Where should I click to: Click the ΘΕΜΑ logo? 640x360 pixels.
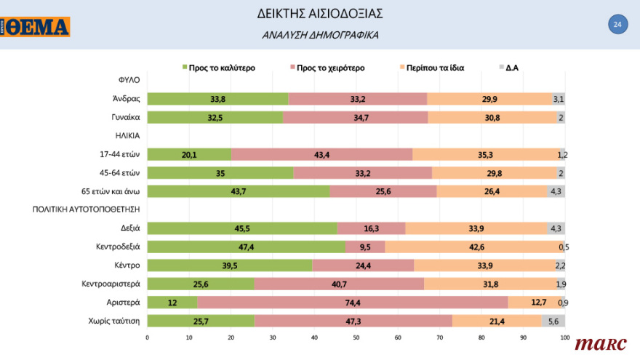(36, 28)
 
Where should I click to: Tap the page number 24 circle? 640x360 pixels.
(617, 25)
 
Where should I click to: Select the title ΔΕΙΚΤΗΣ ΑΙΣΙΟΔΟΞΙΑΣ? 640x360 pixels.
(320, 14)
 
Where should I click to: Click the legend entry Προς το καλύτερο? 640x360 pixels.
(217, 68)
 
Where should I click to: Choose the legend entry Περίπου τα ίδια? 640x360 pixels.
(430, 68)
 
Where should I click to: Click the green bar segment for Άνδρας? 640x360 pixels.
(217, 99)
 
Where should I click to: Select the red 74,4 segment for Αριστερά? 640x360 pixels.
(353, 302)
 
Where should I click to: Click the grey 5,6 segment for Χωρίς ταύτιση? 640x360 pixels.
(553, 321)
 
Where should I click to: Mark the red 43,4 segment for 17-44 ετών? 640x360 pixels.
(321, 154)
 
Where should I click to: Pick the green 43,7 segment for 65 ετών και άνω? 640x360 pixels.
(239, 191)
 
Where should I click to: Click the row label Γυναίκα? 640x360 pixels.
(125, 118)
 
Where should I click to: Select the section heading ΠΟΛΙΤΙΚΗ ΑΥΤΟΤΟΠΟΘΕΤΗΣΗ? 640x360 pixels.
(86, 209)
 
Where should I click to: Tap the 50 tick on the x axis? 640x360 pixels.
(356, 337)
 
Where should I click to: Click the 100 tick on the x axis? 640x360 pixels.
(564, 337)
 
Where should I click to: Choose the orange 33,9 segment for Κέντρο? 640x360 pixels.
(484, 265)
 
